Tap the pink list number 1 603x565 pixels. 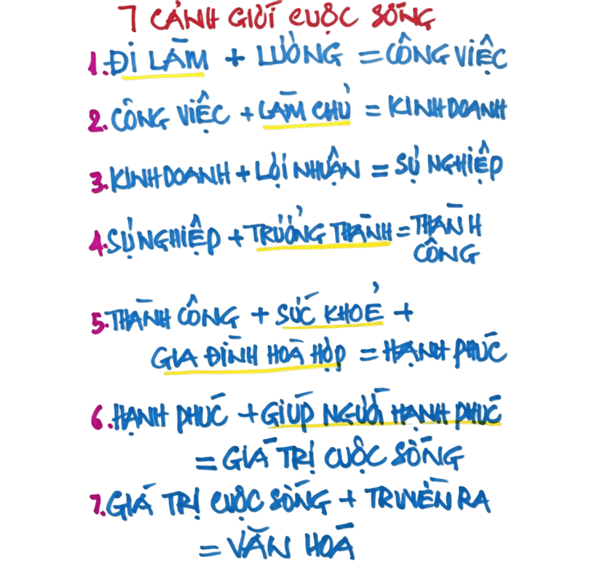pos(92,64)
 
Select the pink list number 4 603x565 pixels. pos(95,242)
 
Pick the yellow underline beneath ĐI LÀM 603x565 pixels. pos(163,75)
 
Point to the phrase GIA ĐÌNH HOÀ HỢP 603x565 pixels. pos(248,355)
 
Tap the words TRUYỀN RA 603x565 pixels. pos(427,499)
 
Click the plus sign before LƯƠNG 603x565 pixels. pos(235,58)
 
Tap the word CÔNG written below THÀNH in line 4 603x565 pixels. pos(446,252)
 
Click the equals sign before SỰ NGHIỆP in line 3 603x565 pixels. pos(380,170)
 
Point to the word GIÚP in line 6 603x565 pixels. pos(285,412)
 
